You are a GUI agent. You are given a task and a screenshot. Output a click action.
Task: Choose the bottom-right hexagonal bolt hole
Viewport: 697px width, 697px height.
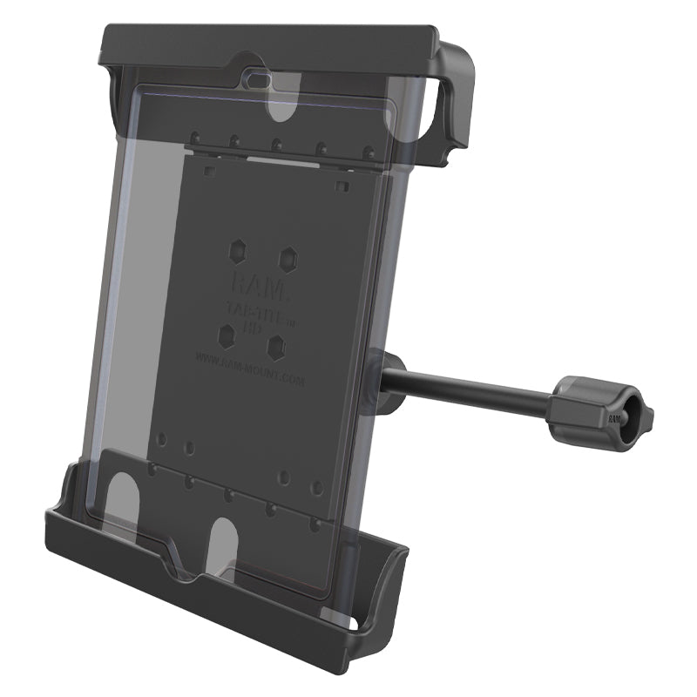pos(277,346)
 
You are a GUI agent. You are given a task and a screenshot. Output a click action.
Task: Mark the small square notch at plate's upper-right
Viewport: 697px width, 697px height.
pos(342,186)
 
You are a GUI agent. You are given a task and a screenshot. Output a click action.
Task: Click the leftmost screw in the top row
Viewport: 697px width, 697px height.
pos(196,137)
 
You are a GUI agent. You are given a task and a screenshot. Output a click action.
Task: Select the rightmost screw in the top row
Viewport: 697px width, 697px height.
pos(368,150)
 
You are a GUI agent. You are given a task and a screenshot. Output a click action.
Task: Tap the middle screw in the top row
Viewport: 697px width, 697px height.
pos(276,143)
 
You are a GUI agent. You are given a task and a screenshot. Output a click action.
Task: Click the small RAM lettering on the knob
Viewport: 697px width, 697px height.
pos(615,419)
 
